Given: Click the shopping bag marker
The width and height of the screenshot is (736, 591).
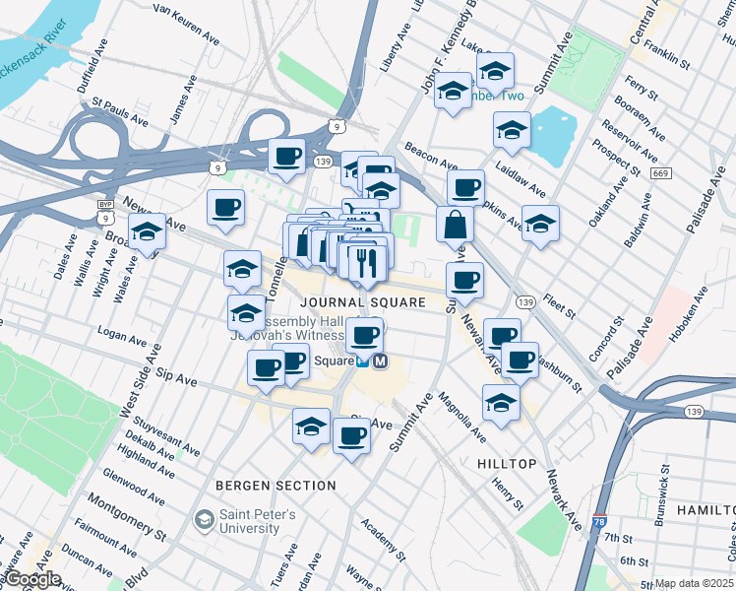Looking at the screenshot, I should click(454, 225).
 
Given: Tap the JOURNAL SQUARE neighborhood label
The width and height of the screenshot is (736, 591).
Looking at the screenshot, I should click(363, 302).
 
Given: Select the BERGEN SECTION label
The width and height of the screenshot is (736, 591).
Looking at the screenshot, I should click(276, 486).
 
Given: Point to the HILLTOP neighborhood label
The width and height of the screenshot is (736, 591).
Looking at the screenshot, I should click(507, 463).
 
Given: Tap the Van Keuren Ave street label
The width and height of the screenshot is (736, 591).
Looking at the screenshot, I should click(187, 24).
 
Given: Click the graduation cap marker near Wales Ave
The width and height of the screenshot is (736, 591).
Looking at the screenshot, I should click(147, 233).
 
